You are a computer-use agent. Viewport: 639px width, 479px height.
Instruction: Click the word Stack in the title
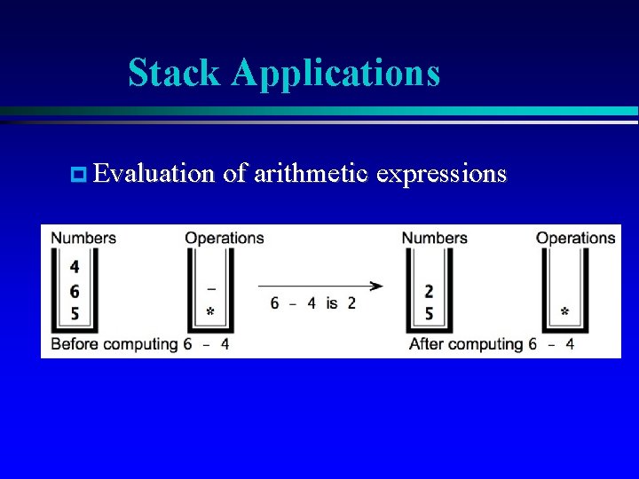pos(175,73)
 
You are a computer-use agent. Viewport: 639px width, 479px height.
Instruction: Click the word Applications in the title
pos(335,73)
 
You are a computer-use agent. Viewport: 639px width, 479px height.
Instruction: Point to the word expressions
pos(441,173)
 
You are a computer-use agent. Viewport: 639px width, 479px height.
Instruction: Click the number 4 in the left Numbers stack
pos(75,267)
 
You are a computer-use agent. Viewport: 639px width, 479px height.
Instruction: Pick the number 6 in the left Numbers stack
pos(75,291)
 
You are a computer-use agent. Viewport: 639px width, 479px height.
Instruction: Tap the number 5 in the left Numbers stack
pos(75,314)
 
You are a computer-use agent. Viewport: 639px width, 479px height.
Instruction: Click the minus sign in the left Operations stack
pos(210,288)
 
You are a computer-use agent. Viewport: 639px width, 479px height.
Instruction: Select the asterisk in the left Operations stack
pos(210,313)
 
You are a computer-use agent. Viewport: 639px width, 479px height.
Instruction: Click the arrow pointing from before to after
pos(320,286)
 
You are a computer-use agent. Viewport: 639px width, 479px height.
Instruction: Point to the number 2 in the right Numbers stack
pos(430,291)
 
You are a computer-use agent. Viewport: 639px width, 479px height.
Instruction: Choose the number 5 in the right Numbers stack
pos(430,314)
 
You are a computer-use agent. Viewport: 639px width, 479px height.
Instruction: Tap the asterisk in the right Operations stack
pos(564,313)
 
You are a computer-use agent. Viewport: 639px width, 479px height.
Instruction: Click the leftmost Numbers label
pos(83,238)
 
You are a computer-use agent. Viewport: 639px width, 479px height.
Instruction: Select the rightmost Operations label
pos(575,238)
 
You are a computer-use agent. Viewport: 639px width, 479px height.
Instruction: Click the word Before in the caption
pos(75,344)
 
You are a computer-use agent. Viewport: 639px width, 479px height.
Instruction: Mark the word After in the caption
pos(427,344)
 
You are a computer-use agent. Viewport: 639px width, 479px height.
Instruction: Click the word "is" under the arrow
pos(331,303)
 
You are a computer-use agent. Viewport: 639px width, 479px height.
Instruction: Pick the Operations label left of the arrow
pos(224,238)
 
